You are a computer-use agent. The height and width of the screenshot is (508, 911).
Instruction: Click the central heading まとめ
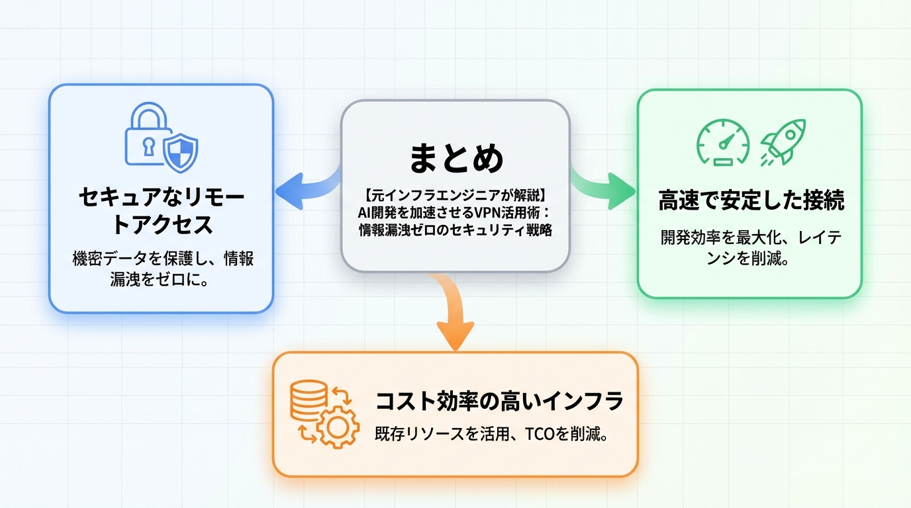click(x=455, y=158)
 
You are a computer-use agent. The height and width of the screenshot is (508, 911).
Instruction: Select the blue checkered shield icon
click(x=180, y=153)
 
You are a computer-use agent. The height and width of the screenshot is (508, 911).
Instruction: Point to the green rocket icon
click(x=783, y=140)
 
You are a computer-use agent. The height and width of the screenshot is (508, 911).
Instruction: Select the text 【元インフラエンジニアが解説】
click(x=455, y=196)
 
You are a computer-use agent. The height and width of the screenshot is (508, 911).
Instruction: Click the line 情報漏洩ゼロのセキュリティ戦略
click(x=455, y=230)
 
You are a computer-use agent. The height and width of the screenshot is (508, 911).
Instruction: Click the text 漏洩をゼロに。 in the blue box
click(x=160, y=281)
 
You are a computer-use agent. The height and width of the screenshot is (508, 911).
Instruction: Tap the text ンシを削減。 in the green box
click(x=748, y=259)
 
